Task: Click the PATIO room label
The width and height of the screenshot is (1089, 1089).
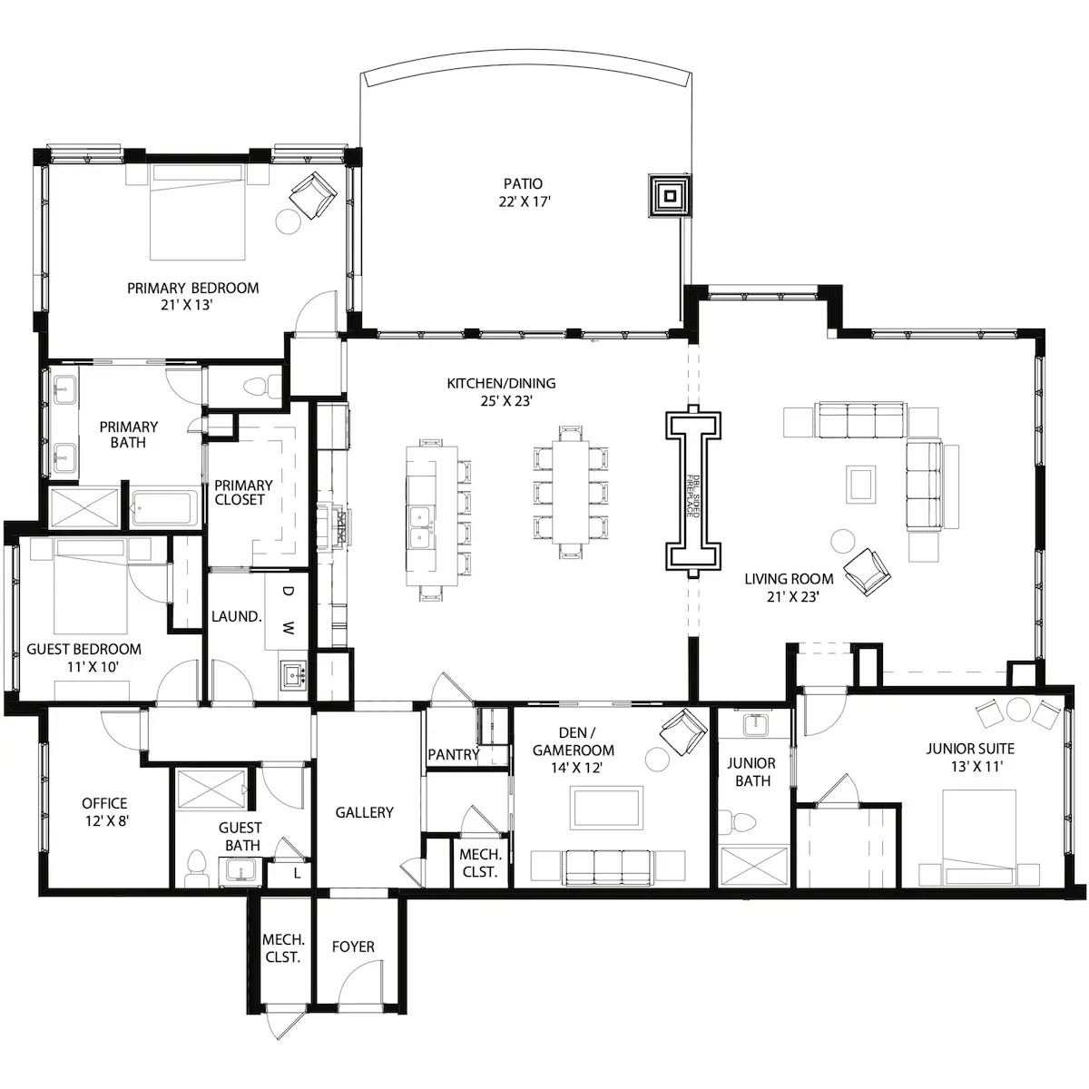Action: [523, 183]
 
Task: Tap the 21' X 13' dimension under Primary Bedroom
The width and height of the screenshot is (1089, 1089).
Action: [186, 305]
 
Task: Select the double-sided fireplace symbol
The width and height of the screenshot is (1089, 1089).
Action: [693, 491]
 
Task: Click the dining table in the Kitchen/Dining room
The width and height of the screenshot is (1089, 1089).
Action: [570, 491]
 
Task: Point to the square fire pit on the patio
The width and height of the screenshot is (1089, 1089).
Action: [671, 195]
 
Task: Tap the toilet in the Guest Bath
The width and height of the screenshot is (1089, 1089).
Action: [197, 868]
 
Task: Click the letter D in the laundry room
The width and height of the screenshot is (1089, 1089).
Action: [289, 592]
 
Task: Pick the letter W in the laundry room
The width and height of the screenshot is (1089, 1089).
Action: [289, 627]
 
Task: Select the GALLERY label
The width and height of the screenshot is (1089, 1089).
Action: [364, 812]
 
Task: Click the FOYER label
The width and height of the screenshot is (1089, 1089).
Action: [353, 947]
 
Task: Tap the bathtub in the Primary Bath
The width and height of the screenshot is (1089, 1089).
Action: [164, 508]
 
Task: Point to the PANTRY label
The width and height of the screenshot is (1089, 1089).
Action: [453, 754]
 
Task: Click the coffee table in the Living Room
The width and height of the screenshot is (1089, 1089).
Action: [860, 484]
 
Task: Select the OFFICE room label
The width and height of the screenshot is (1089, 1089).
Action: [104, 803]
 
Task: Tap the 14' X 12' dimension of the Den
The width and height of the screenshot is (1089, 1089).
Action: [576, 768]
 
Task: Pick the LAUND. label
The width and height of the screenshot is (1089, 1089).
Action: [236, 616]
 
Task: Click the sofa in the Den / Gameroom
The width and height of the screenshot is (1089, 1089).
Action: [608, 868]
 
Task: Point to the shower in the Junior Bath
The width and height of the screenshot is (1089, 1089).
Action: [753, 865]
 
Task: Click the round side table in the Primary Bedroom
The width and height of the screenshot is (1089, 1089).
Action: [289, 221]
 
